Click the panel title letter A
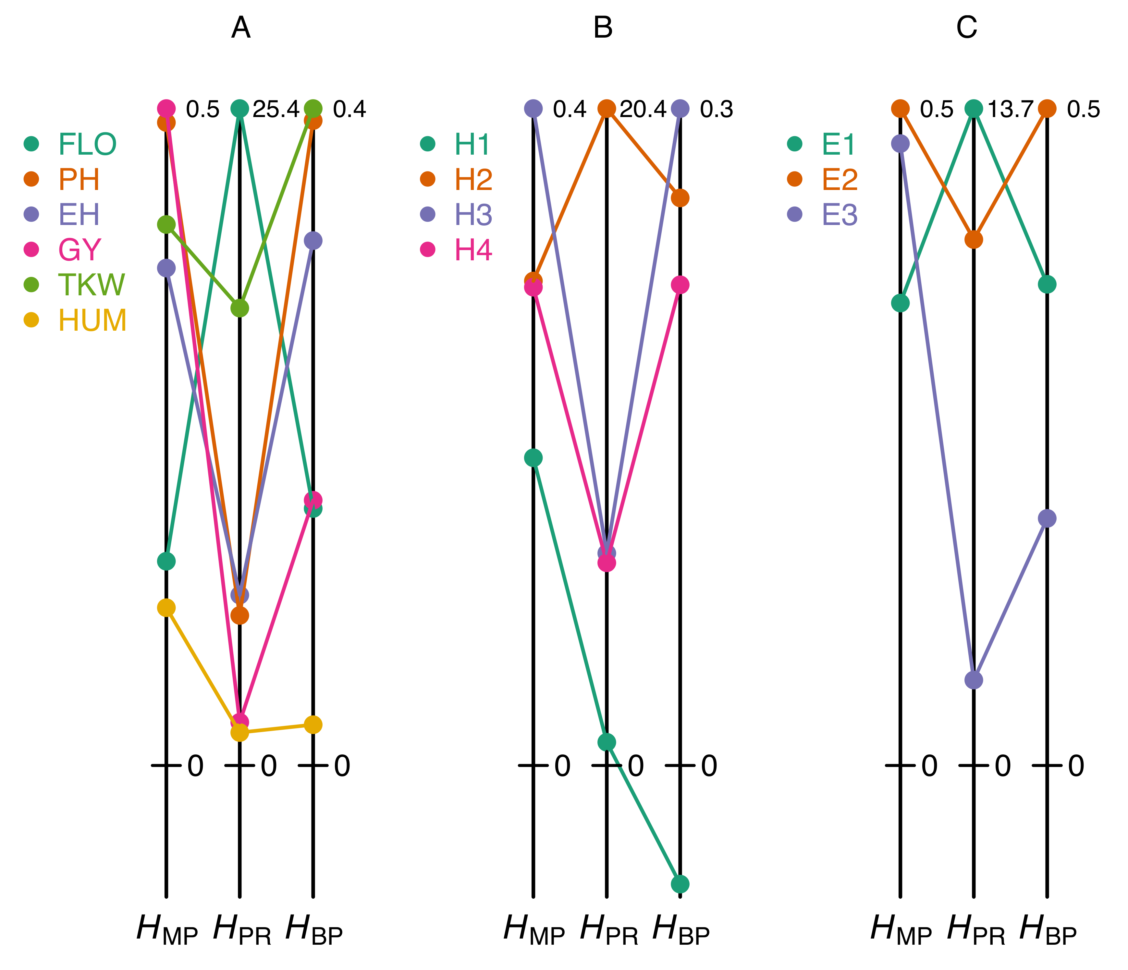tap(241, 27)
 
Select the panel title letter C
tap(966, 27)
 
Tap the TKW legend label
tap(92, 285)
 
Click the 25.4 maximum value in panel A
tap(276, 109)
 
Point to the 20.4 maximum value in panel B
tap(643, 109)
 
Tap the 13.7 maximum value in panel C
tap(1010, 109)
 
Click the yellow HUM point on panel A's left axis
tap(166, 607)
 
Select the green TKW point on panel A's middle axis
tap(239, 308)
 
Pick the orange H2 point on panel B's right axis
tap(680, 198)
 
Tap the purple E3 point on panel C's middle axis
tap(974, 680)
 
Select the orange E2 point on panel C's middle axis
tap(974, 239)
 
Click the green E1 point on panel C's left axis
tap(901, 303)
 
